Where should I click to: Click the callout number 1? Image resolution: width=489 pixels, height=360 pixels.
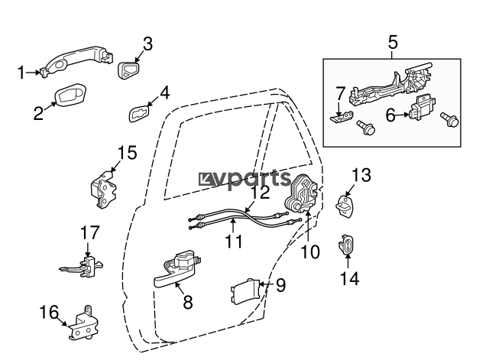[21, 73]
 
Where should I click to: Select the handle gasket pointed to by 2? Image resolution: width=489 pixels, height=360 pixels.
[70, 95]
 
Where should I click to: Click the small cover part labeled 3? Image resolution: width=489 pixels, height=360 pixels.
[128, 70]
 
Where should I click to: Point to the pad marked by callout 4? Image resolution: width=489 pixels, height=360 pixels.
[139, 114]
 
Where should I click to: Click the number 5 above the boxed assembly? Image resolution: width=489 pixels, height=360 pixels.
[393, 42]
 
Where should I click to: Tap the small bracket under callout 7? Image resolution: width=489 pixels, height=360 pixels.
[342, 117]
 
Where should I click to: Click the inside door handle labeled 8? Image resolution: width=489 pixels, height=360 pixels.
[176, 270]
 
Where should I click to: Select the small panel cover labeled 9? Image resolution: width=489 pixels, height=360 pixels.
[245, 291]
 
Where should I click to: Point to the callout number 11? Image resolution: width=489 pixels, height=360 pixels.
[233, 241]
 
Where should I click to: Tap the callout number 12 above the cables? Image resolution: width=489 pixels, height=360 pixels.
[261, 192]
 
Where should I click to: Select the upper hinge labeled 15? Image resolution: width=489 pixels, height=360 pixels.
[103, 190]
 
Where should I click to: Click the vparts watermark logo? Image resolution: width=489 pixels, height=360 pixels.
[244, 179]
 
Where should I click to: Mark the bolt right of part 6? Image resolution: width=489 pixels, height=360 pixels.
[449, 119]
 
